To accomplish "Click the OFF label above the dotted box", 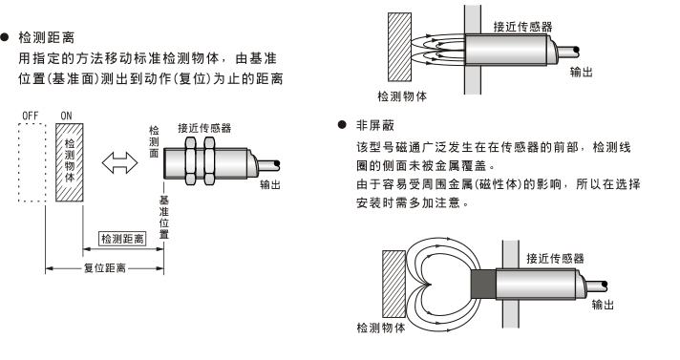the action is coord(31,116).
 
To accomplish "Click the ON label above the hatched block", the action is coord(66,116).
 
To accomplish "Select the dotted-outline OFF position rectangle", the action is coord(32,162).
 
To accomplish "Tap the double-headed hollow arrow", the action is coord(119,162).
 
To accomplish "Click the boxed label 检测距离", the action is coord(122,239).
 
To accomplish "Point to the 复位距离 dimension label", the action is coord(104,268).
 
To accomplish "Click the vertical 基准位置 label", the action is coord(164,218).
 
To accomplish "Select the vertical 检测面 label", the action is coord(154,141).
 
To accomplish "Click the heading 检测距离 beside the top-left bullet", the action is coord(47,38).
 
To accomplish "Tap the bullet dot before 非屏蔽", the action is coord(342,125).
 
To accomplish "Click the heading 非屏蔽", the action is coord(375,125).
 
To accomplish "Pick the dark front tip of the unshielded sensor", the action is coord(483,284).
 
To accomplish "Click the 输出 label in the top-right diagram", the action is coord(581,72).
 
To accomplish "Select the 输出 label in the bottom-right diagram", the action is coord(603,305).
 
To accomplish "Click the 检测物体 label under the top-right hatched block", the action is coord(402,95).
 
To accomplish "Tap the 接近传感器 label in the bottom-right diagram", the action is coord(555,259).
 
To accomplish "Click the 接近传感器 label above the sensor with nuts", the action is coord(204,128).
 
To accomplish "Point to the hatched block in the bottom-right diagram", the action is coord(393,285).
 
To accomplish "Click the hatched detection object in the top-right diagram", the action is coord(399,47).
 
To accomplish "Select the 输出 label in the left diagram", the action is coord(270,184).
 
